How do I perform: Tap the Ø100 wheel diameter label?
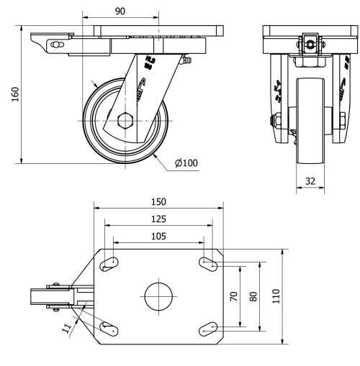187,163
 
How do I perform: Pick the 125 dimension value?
160,218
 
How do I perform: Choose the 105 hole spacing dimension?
158,235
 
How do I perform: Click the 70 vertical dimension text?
234,296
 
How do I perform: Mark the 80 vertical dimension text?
253,296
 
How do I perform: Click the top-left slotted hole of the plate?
109,265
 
